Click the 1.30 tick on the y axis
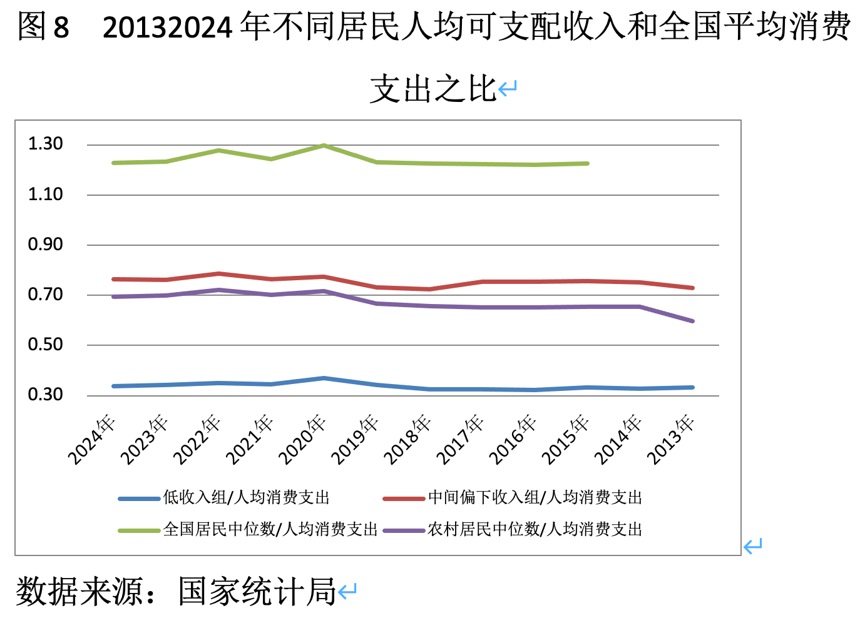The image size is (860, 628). (46, 144)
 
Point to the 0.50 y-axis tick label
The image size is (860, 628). (46, 345)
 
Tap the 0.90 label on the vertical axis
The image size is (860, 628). (46, 245)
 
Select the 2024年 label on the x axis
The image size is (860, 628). (93, 439)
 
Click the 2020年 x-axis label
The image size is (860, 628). (303, 439)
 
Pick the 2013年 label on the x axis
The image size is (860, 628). (671, 439)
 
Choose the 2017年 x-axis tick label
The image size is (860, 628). (461, 439)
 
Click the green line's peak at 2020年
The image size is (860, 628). (324, 146)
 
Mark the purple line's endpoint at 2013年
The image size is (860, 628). (692, 321)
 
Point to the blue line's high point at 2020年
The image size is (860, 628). (324, 378)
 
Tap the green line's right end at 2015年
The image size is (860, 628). (587, 164)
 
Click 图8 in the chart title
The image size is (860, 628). (43, 27)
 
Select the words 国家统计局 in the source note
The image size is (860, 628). (257, 591)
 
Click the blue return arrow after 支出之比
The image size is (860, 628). (508, 88)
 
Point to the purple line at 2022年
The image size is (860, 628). (218, 290)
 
